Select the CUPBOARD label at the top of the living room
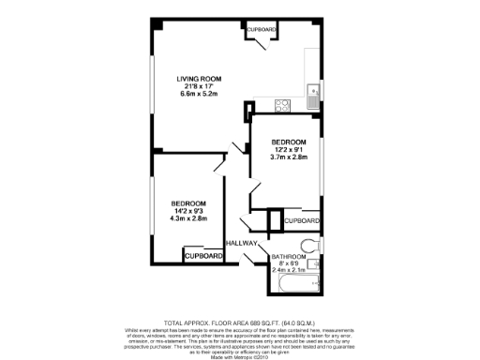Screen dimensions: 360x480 (262, 30)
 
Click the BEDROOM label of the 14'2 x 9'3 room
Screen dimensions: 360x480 (188, 203)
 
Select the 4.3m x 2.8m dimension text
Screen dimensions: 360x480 (188, 219)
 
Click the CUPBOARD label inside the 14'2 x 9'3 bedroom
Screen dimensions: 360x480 (203, 256)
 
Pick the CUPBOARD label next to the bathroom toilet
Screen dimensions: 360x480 (301, 220)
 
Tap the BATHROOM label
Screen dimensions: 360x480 (288, 256)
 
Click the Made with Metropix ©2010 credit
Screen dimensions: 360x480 (238, 354)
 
